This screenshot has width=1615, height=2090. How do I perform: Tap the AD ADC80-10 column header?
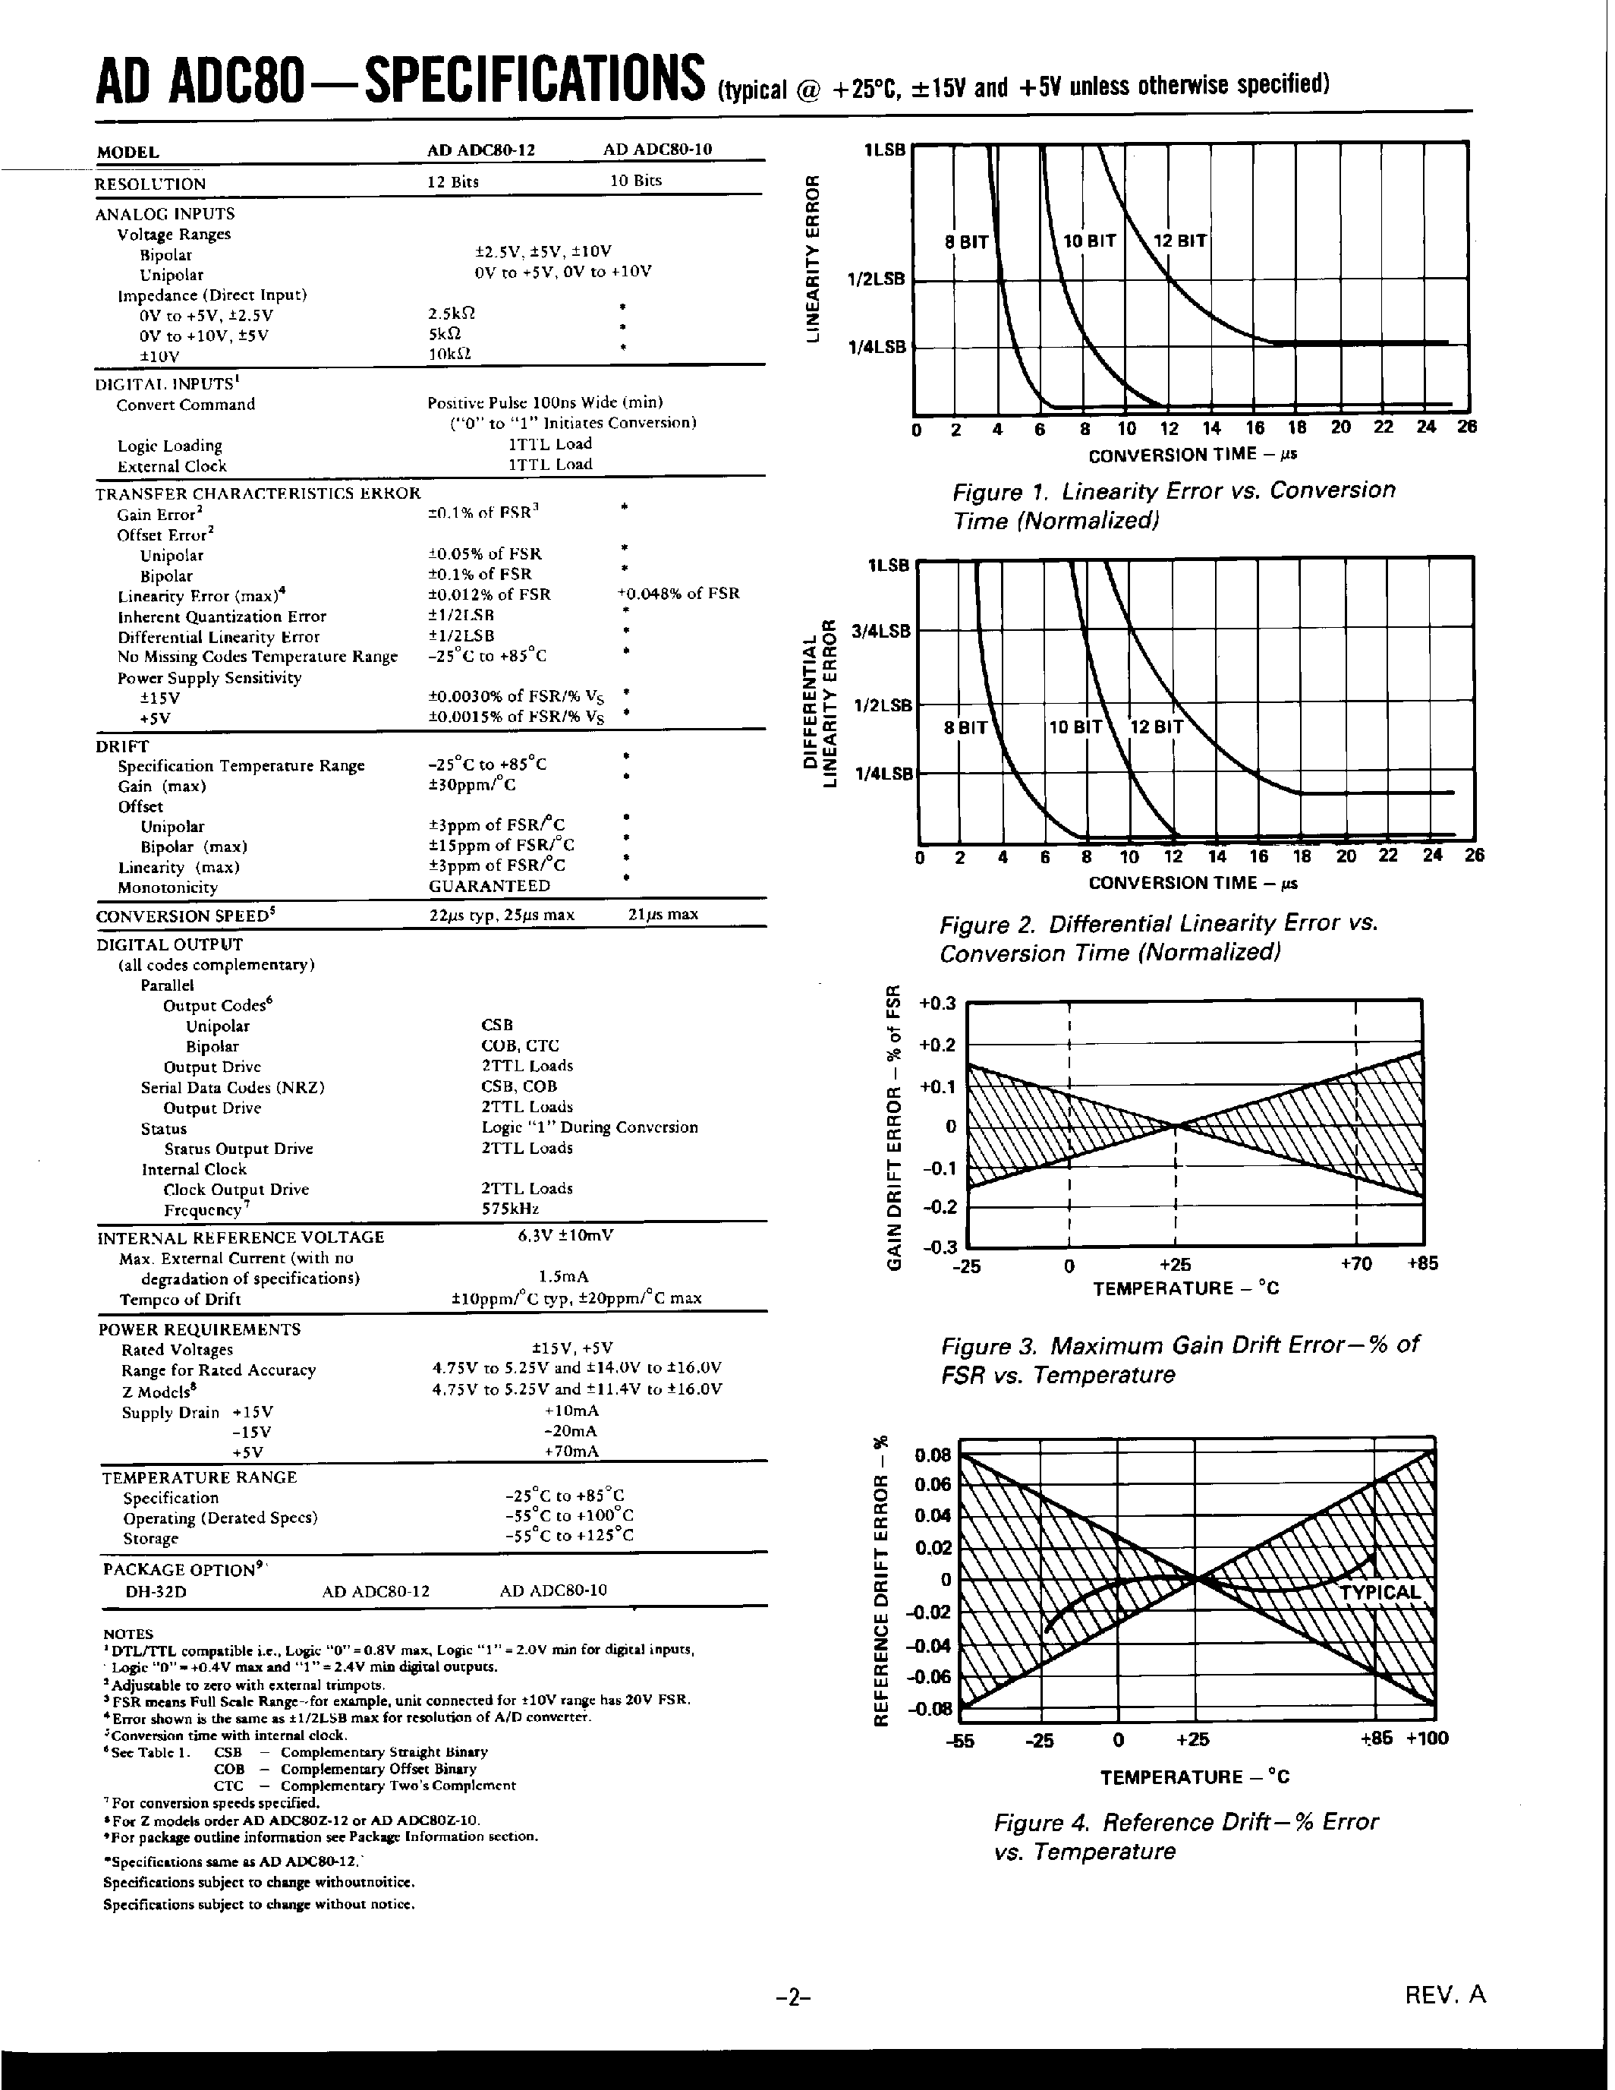657,150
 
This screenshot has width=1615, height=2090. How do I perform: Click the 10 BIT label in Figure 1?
1090,241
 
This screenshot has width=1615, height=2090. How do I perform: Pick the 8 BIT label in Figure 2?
965,727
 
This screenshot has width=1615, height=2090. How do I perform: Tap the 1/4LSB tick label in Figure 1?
877,348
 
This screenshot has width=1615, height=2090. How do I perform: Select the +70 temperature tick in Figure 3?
1355,1264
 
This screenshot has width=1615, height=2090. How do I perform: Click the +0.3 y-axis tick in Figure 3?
937,1004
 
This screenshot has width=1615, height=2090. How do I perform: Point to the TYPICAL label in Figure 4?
1379,1593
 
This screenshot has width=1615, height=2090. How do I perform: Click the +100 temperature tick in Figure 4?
1427,1738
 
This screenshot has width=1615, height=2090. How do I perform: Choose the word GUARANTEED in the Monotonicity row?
489,886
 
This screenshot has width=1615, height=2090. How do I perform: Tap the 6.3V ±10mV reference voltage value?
565,1235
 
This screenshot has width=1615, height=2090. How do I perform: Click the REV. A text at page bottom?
1445,1994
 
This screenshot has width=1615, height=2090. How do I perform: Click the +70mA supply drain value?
571,1452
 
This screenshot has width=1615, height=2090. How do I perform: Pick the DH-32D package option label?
155,1591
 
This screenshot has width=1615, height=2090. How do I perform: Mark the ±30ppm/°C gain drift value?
472,786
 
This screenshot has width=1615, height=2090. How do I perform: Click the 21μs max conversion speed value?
663,915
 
